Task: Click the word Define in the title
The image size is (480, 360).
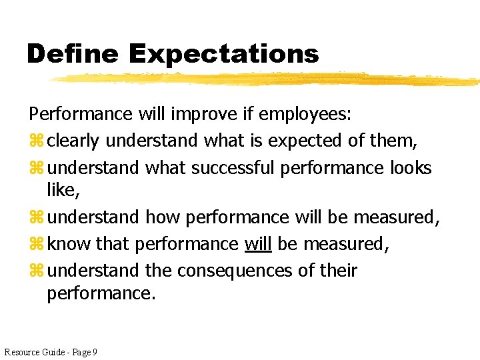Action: pyautogui.click(x=72, y=54)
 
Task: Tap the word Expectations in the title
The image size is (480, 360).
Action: pyautogui.click(x=224, y=54)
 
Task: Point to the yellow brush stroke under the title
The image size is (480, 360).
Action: pyautogui.click(x=267, y=79)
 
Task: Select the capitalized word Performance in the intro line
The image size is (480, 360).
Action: pyautogui.click(x=80, y=114)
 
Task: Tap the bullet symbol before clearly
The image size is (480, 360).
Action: pyautogui.click(x=35, y=141)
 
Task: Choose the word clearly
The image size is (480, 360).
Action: pyautogui.click(x=74, y=141)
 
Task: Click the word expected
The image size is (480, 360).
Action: pyautogui.click(x=298, y=141)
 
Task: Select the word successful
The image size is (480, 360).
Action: pyautogui.click(x=233, y=167)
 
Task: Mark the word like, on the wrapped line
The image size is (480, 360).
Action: pyautogui.click(x=63, y=190)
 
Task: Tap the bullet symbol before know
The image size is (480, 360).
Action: pyautogui.click(x=35, y=245)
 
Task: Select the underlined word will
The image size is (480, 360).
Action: pyautogui.click(x=258, y=244)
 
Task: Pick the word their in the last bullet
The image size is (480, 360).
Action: pyautogui.click(x=339, y=271)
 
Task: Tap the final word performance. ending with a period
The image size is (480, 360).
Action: pyautogui.click(x=101, y=293)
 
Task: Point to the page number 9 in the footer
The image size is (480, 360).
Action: pyautogui.click(x=95, y=351)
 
